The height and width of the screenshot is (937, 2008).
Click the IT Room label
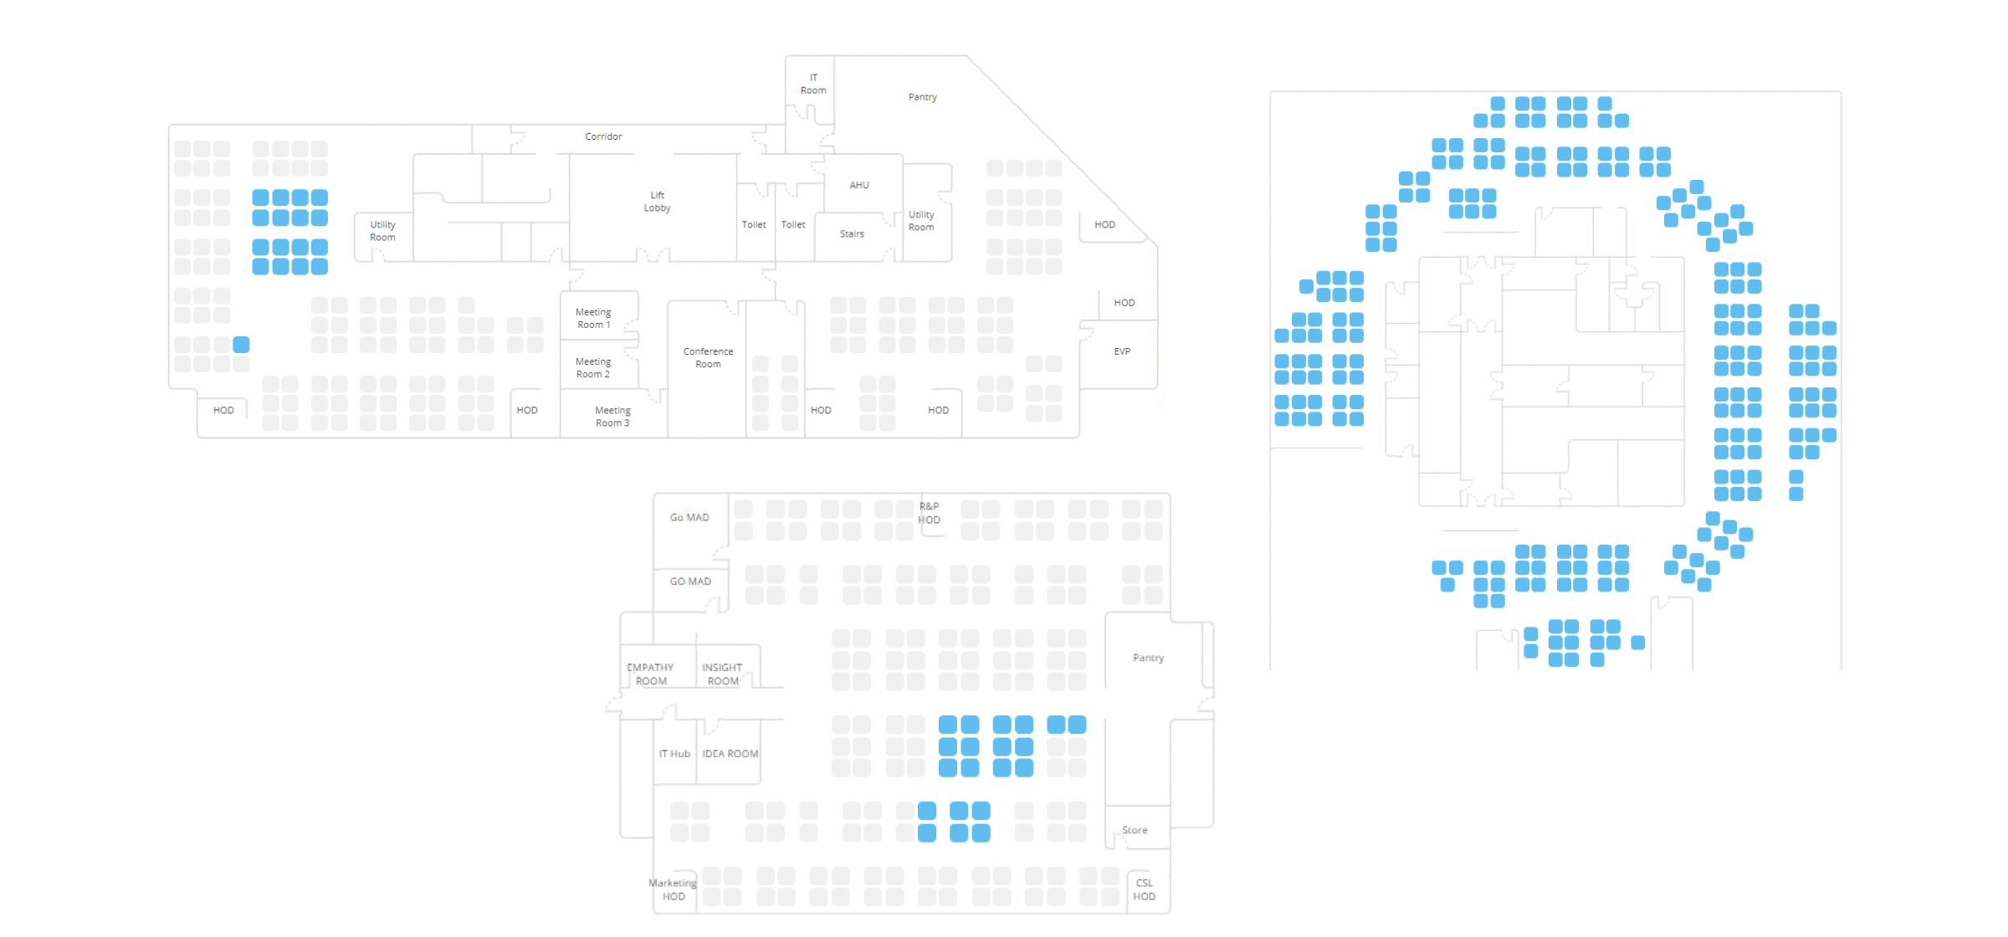click(813, 84)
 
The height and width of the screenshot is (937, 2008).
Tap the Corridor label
click(603, 136)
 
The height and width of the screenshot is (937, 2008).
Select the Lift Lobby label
click(657, 202)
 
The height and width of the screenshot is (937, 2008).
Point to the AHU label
click(859, 185)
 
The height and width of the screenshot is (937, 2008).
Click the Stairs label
click(852, 234)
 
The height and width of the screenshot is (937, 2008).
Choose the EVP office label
click(1122, 351)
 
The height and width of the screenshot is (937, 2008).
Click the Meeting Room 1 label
click(593, 318)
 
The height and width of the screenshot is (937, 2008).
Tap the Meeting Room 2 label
click(593, 368)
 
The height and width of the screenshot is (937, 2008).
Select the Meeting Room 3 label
click(612, 417)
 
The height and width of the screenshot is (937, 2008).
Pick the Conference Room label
click(708, 357)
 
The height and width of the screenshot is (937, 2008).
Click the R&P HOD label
click(929, 513)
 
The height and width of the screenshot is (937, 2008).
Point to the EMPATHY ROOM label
click(650, 674)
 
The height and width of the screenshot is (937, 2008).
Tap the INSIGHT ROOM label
click(722, 674)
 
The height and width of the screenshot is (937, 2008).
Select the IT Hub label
click(674, 754)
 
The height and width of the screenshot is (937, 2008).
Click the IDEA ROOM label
click(730, 754)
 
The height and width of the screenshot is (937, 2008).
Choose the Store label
click(1135, 830)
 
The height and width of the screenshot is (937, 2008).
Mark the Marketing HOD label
click(673, 889)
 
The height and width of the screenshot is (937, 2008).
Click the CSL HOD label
click(1144, 889)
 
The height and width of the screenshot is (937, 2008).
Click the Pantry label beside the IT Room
click(922, 97)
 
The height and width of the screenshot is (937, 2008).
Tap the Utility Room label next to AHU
click(921, 221)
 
